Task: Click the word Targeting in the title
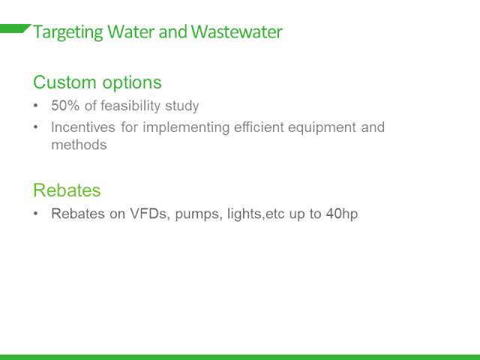point(68,32)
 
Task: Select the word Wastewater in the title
point(236,31)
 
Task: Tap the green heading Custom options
point(97,83)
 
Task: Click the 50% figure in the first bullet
point(65,106)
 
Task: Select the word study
point(181,106)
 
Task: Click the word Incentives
point(83,127)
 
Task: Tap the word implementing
point(186,128)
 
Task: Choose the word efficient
point(259,127)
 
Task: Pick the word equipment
point(322,128)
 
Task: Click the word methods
point(79,145)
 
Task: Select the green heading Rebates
point(67,190)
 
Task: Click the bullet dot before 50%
point(36,106)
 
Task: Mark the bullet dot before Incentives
point(36,127)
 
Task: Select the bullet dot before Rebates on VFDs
point(36,214)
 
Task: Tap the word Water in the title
point(131,31)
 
